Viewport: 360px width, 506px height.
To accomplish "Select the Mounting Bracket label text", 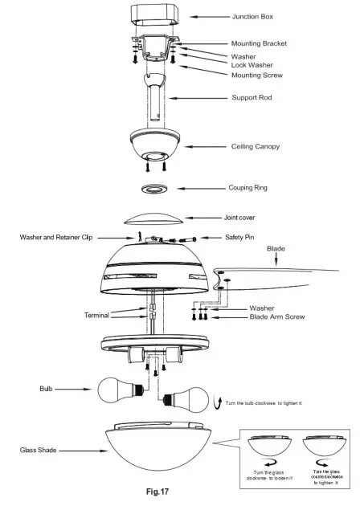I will point(259,43).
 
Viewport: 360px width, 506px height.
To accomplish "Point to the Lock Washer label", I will point(252,66).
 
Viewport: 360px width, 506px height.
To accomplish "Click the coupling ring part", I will point(154,189).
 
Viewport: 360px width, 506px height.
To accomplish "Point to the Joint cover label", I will point(242,217).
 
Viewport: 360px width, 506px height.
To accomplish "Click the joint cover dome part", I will point(154,217).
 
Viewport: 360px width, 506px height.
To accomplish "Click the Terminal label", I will point(96,316).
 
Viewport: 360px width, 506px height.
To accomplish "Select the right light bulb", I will point(187,399).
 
